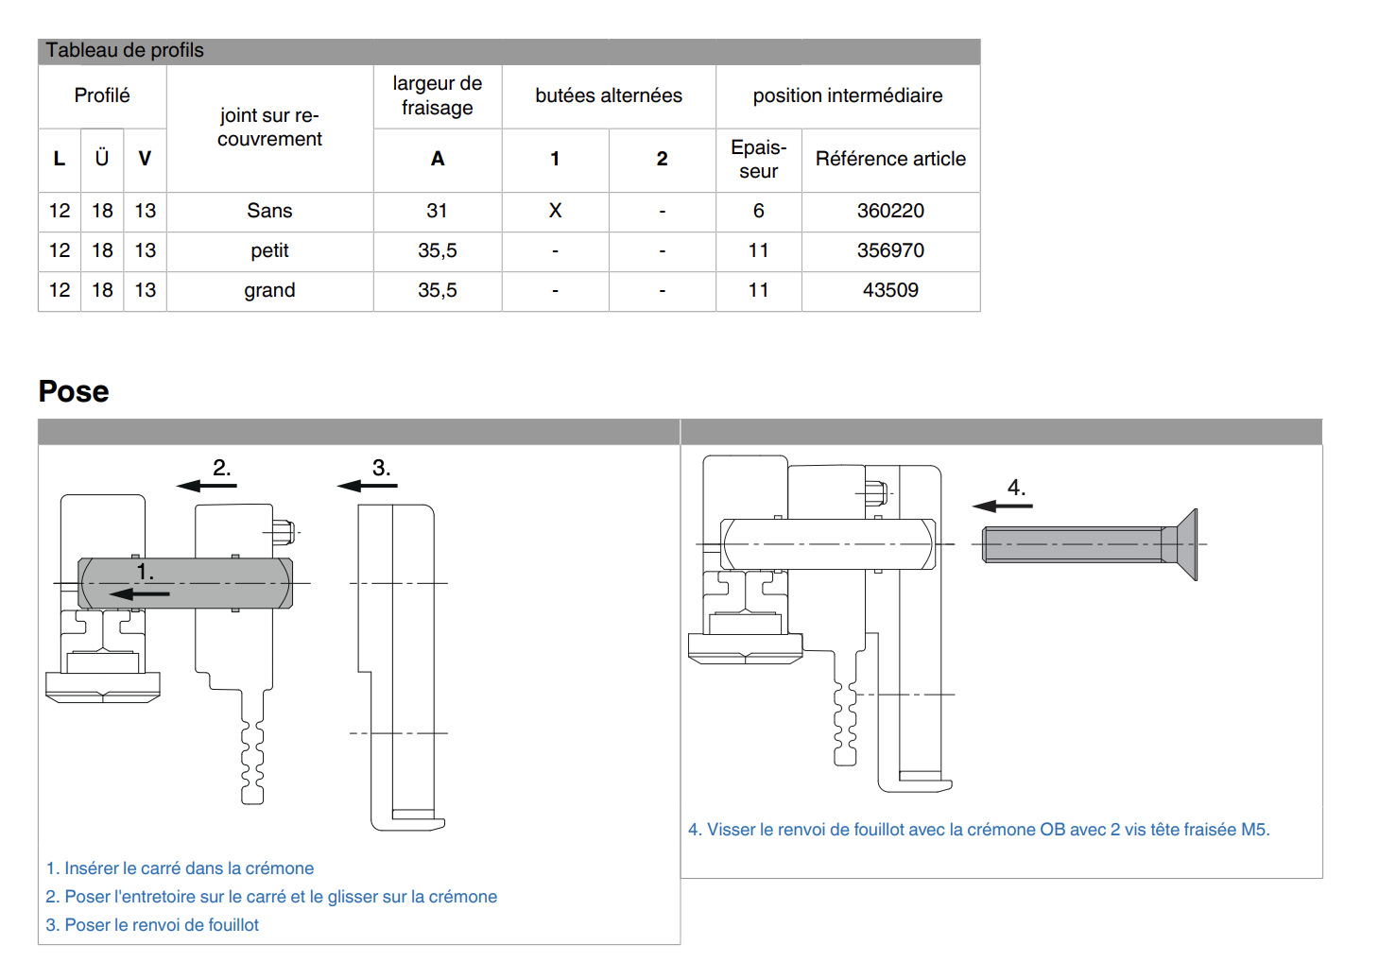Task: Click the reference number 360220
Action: pos(890,211)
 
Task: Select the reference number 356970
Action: pos(890,250)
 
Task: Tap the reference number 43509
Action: pos(890,290)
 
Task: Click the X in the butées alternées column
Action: pos(555,211)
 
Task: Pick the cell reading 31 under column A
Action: pos(437,211)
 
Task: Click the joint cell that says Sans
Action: pos(269,211)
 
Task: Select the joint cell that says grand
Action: pos(269,290)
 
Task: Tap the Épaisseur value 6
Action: pos(758,211)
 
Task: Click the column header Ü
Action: pos(101,158)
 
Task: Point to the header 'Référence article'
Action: pos(890,159)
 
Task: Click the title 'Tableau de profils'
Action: pos(125,50)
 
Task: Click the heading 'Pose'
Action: pos(74,391)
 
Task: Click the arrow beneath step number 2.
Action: pos(206,486)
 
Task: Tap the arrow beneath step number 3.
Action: pos(367,486)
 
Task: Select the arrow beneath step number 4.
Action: pos(1002,507)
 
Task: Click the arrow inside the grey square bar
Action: pos(139,593)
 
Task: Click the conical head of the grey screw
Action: pos(1187,544)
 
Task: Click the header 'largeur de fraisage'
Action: pos(437,95)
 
